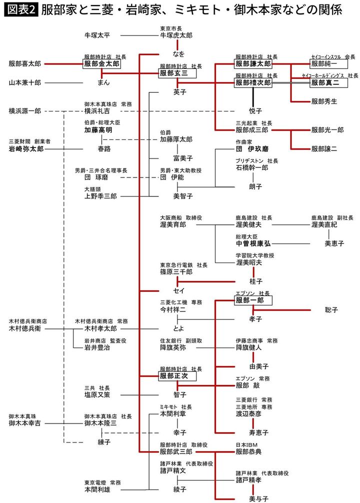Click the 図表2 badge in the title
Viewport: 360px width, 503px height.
(21, 10)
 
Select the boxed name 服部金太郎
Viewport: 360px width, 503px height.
(102, 64)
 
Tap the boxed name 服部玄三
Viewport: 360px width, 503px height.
(176, 73)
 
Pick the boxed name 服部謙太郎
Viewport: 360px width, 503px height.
(253, 64)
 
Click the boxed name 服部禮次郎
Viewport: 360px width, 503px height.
(253, 82)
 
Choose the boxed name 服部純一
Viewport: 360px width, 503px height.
(324, 64)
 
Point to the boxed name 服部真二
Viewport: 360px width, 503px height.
(324, 82)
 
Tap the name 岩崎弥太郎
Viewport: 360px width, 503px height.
(26, 148)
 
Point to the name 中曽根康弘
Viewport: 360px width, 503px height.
(253, 243)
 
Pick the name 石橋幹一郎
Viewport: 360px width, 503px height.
(252, 167)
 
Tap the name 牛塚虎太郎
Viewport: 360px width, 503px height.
(176, 35)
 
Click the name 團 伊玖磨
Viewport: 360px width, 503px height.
(252, 148)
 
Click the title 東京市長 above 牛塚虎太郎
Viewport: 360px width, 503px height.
(171, 28)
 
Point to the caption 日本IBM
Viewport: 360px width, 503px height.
(246, 444)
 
